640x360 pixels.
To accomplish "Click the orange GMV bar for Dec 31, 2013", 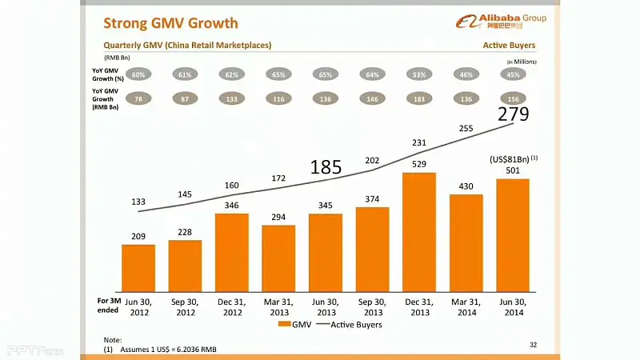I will coord(418,232).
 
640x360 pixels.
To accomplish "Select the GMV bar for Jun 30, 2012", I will coord(138,268).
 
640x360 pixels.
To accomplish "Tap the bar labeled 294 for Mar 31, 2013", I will coord(278,258).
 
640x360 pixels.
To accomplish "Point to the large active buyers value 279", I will coord(513,114).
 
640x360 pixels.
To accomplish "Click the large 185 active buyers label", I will coord(326,167).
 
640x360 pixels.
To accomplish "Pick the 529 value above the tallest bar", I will coord(418,164).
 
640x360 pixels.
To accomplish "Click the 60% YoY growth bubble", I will coord(138,74).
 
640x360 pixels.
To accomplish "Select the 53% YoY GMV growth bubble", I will coord(418,74).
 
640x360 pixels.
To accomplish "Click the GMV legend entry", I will coord(295,325).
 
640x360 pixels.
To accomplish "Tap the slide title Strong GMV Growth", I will coord(171,22).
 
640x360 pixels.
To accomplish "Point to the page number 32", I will coord(534,343).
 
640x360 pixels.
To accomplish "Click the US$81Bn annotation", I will coord(512,159).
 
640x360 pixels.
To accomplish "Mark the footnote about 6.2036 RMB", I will coord(168,350).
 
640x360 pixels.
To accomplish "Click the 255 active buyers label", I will coord(466,128).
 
